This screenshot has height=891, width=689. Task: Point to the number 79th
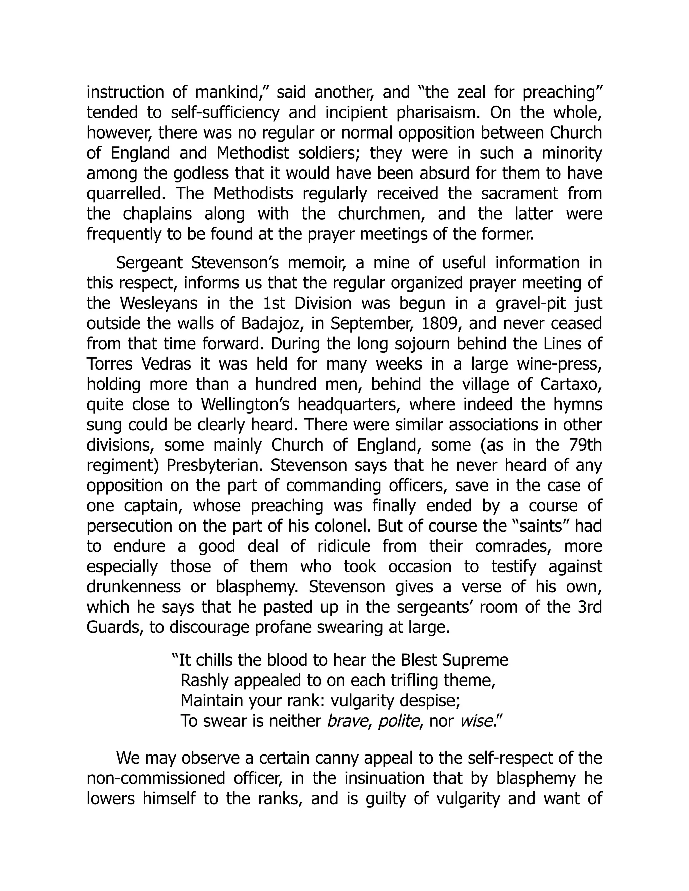pyautogui.click(x=585, y=445)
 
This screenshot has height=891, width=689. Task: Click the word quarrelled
pyautogui.click(x=126, y=194)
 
